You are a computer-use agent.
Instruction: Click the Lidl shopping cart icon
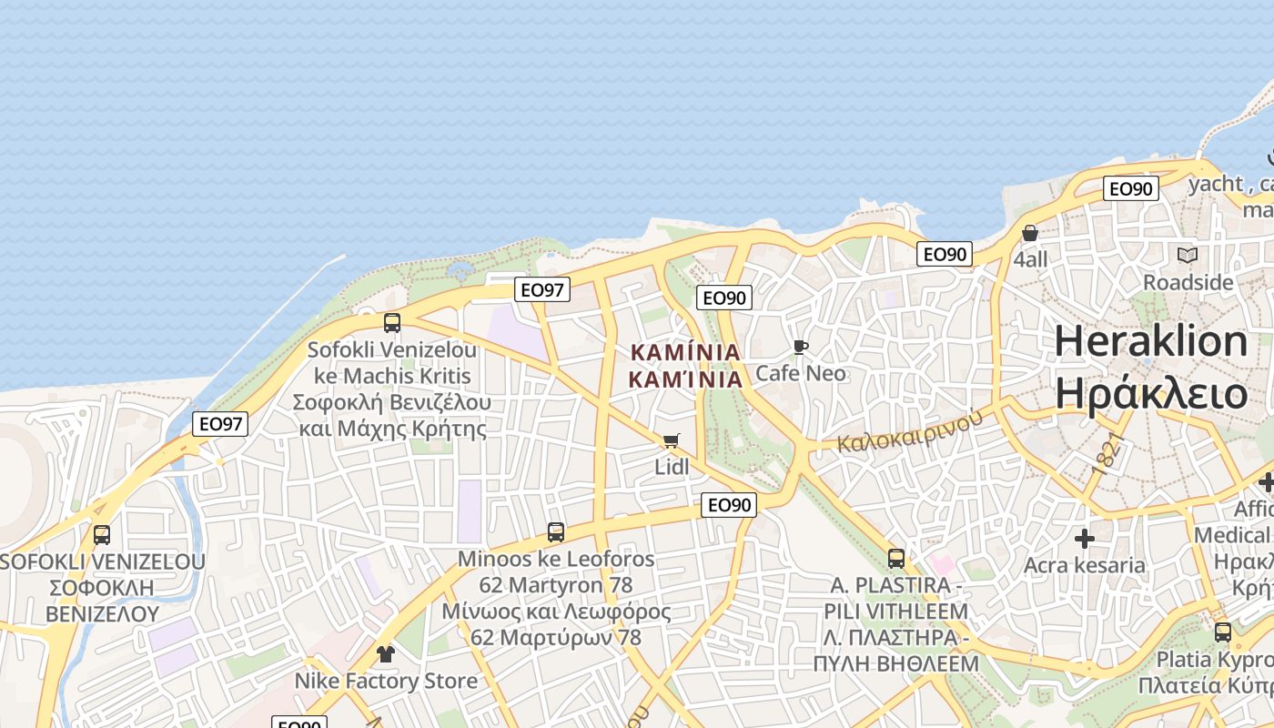coord(672,441)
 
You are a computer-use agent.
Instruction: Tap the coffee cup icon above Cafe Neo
coord(800,347)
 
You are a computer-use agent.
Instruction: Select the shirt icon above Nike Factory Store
coord(385,654)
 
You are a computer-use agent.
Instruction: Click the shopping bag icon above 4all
coord(1030,234)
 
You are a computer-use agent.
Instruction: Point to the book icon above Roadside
coord(1188,256)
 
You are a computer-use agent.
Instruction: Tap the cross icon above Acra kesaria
coord(1084,539)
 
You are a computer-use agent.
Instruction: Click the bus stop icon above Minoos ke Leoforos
coord(555,532)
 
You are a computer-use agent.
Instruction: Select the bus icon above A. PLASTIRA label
coord(896,559)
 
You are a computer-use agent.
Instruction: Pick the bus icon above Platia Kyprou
coord(1223,632)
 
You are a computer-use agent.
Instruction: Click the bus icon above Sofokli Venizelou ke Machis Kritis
coord(392,323)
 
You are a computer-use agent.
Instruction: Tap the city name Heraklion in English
coord(1150,342)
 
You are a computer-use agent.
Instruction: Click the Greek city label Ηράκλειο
coord(1150,393)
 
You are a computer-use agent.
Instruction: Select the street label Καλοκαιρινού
coord(910,430)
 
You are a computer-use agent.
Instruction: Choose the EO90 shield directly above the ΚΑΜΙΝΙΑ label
coord(724,298)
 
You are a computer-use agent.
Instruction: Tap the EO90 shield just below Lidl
coord(730,505)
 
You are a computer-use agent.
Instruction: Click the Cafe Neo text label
coord(800,373)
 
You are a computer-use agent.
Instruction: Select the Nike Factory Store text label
coord(386,681)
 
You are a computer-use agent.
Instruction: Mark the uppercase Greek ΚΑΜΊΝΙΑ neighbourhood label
coord(686,351)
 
